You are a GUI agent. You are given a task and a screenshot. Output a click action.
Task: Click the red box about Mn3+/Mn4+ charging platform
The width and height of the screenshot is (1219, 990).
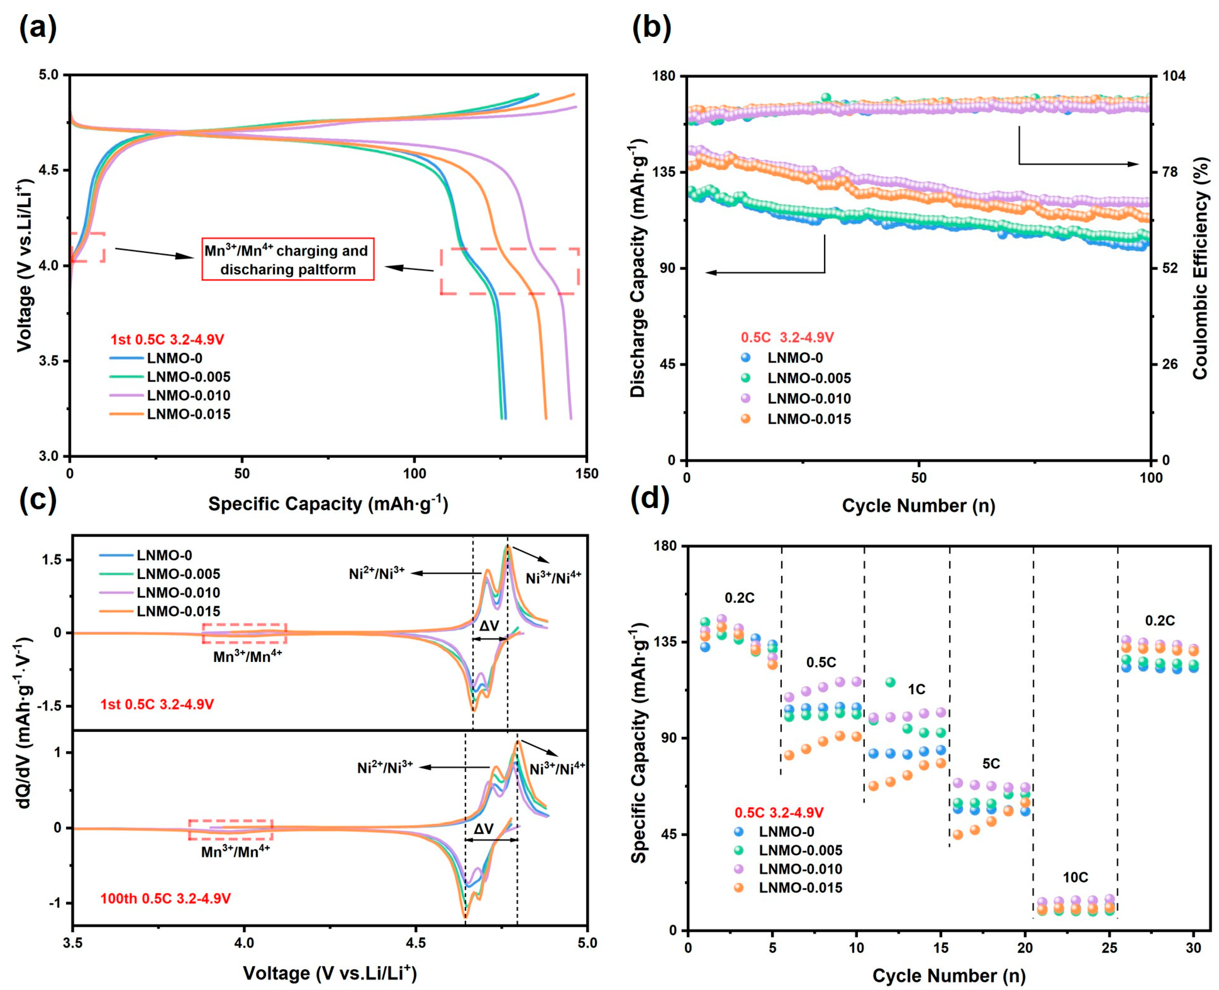click(288, 260)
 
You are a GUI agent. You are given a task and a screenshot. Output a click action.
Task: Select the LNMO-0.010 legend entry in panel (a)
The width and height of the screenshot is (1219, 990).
click(188, 395)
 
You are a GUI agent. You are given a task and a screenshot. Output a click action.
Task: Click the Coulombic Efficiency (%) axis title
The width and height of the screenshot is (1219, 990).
click(1200, 268)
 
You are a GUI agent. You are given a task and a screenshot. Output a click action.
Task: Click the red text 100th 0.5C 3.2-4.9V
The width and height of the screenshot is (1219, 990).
click(165, 899)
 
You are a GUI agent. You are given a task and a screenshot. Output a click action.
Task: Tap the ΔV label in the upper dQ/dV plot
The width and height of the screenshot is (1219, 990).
click(489, 626)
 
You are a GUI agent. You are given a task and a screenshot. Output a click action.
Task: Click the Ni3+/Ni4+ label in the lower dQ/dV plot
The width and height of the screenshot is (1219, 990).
click(557, 769)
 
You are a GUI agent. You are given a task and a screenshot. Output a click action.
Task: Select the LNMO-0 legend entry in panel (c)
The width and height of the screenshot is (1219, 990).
click(164, 555)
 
